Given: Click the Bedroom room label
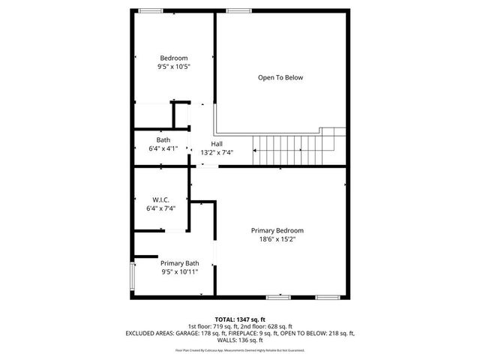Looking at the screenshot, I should pos(174,58).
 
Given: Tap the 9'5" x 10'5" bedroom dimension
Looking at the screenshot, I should pos(174,67).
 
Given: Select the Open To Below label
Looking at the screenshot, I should pos(280,77).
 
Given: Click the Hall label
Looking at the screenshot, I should pos(217,143).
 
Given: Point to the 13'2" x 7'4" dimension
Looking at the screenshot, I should pos(217,152).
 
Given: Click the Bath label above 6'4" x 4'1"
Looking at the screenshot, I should pos(163,139).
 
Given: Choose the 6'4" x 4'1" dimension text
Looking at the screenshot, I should pos(163,148).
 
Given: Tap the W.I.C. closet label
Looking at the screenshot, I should pos(160,199).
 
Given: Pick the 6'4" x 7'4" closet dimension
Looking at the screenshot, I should pos(160,208).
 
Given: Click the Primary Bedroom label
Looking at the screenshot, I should pos(277,230).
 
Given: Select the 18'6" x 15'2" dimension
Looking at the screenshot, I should pos(277,239).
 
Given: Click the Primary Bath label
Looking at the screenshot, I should pos(179,263).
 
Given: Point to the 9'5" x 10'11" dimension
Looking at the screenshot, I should pos(179,272).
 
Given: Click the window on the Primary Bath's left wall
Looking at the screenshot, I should pos(133,277).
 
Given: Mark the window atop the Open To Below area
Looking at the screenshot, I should pos(239,10).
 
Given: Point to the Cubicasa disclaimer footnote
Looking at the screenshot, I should pos(240,350).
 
